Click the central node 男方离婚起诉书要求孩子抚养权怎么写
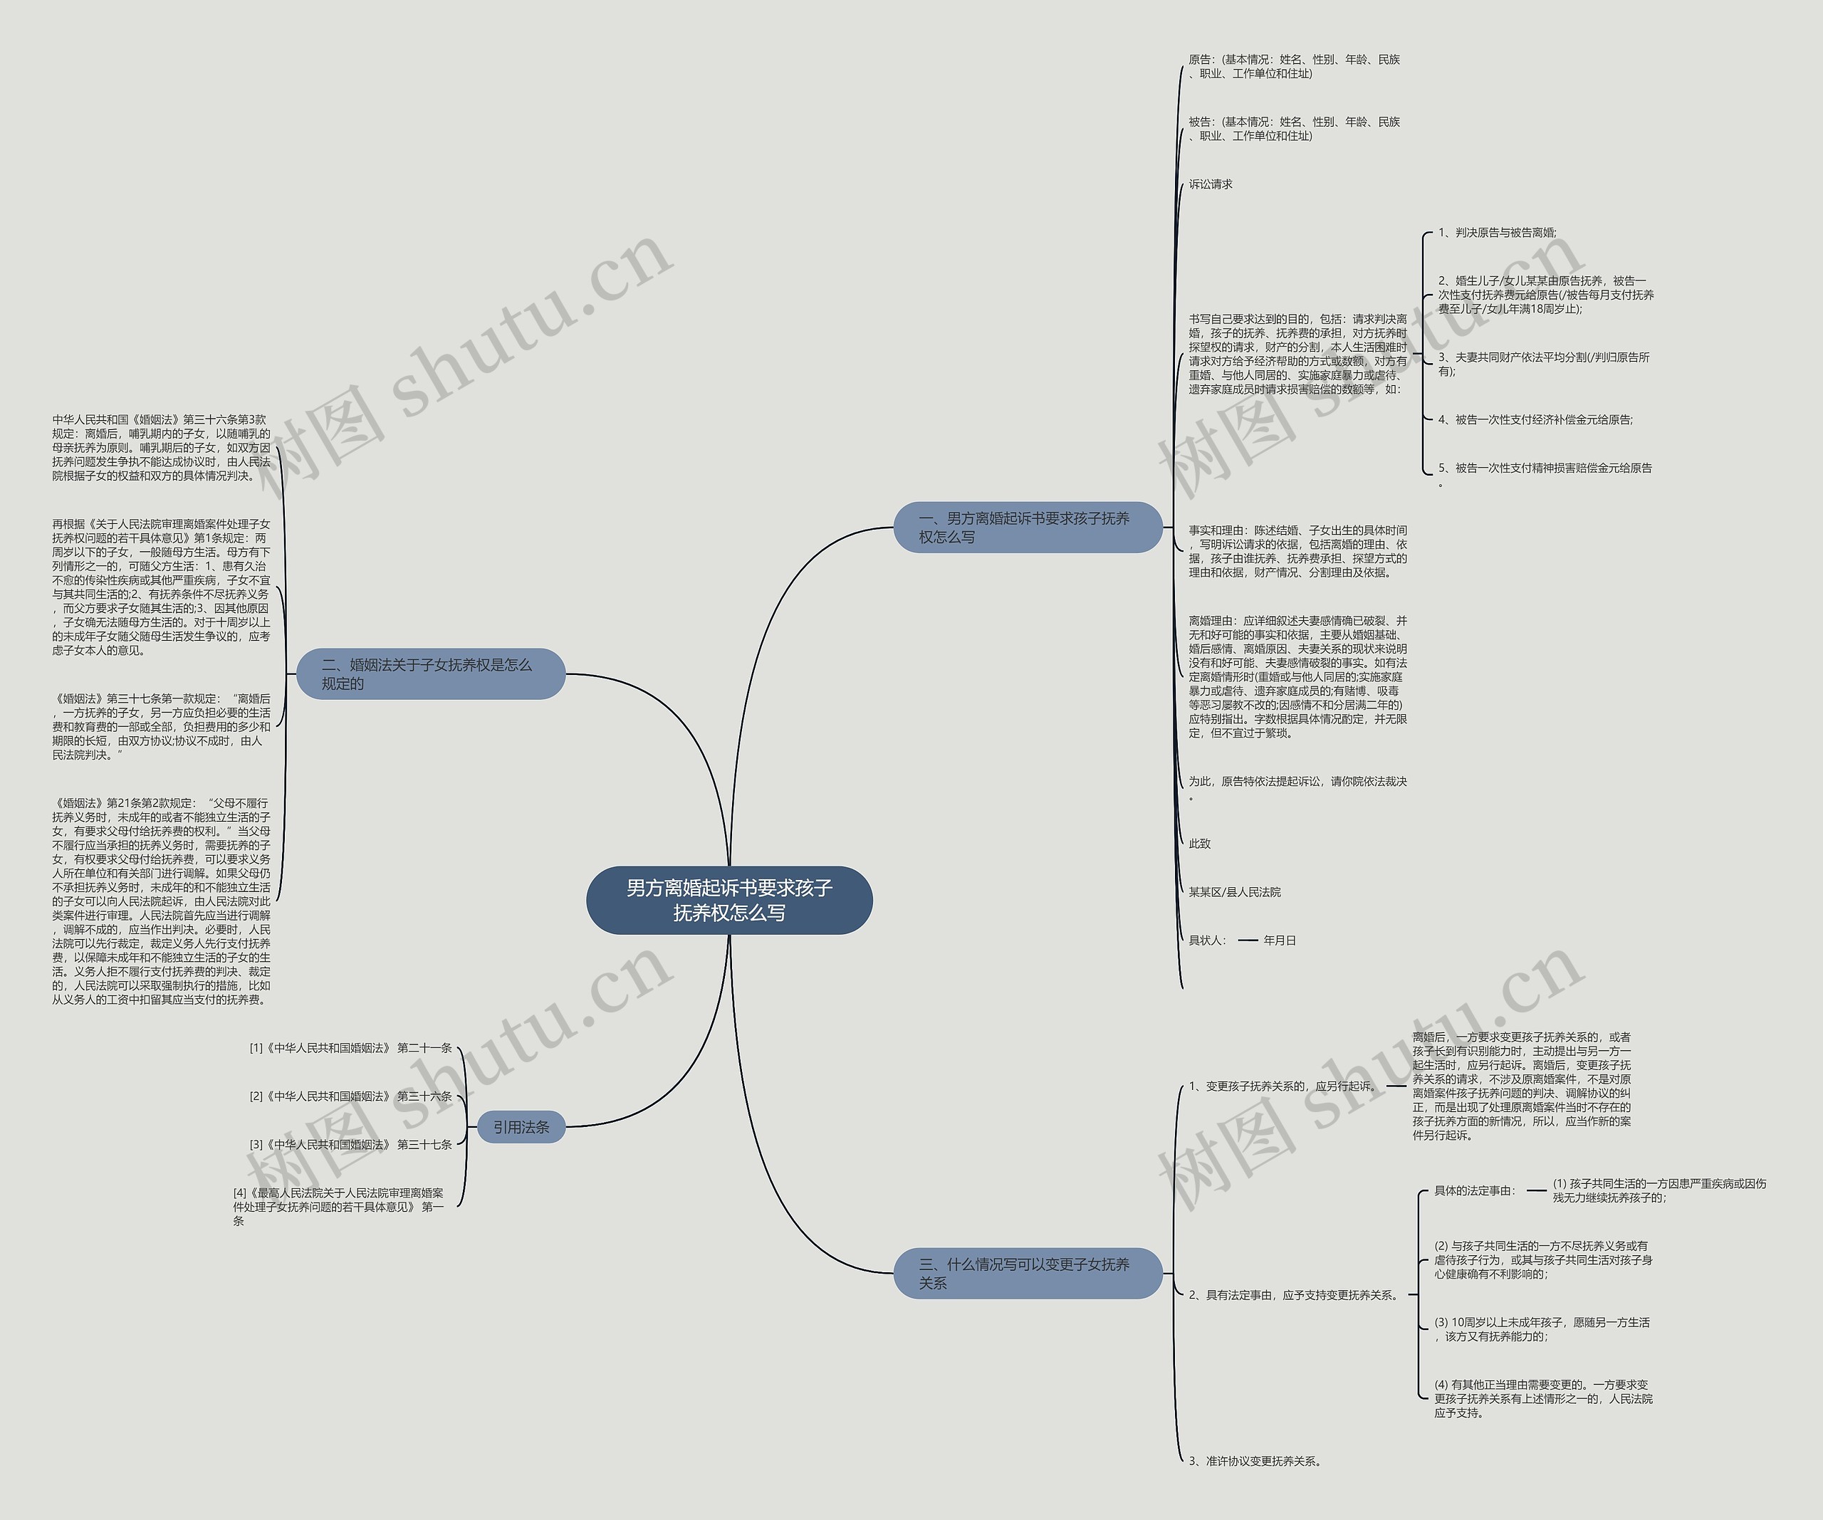pos(729,899)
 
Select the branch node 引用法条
pos(521,1127)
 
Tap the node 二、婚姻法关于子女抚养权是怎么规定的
pos(431,673)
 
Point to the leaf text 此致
pos(1200,843)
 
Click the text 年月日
pos(1280,940)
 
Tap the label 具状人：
pos(1208,940)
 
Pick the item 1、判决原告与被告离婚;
pos(1497,233)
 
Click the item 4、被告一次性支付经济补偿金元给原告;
pos(1535,419)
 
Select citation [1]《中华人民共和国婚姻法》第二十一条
pos(350,1048)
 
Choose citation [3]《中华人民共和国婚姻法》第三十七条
pos(350,1144)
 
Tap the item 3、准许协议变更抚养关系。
pos(1256,1461)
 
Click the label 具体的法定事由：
pos(1475,1190)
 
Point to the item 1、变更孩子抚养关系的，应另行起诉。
pos(1283,1086)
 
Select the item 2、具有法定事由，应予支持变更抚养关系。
pos(1295,1294)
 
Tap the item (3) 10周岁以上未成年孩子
pos(1542,1329)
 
